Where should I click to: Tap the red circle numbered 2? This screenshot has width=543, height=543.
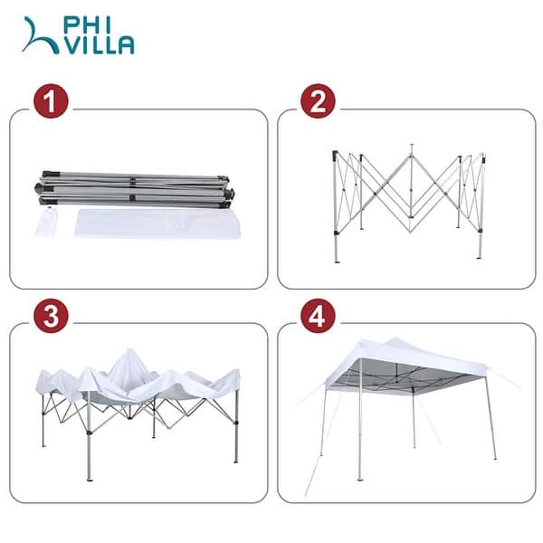tap(317, 101)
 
